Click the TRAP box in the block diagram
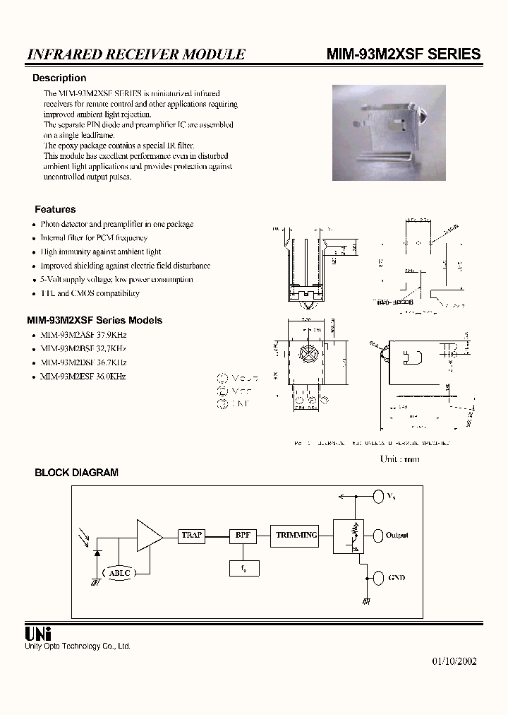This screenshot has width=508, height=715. tap(192, 536)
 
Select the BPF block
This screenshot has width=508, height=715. tap(243, 536)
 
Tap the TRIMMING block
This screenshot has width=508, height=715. tap(296, 536)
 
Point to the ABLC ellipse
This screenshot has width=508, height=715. tap(119, 573)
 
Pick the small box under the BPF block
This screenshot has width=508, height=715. tap(243, 567)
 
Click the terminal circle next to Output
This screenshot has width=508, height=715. tap(378, 536)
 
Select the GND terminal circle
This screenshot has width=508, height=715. tap(378, 577)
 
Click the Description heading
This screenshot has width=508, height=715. tap(59, 78)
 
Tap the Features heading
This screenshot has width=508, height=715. tap(55, 209)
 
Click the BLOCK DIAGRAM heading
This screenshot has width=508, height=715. tap(76, 473)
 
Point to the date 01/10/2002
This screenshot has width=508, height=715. tap(454, 661)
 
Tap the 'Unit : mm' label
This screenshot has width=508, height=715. tap(400, 459)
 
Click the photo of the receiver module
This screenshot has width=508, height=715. tap(389, 134)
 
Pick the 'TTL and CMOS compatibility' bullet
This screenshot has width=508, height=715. tap(90, 293)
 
